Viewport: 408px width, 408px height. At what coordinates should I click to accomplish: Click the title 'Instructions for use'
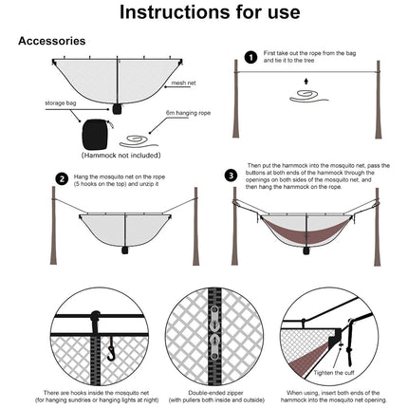click(203, 13)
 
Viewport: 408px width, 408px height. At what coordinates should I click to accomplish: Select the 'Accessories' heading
click(52, 42)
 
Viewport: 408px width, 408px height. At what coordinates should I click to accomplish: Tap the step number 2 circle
click(62, 177)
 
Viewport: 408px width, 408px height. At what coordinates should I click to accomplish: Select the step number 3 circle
click(231, 176)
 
